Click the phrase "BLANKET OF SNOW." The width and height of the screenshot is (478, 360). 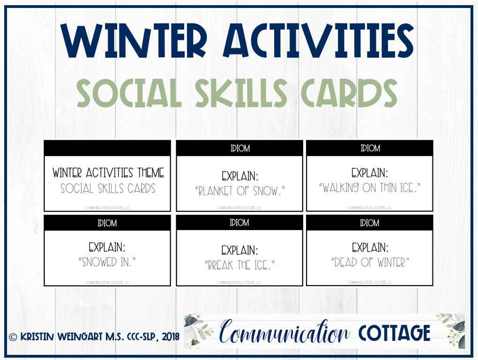click(239, 191)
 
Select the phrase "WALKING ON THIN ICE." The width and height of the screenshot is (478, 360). click(370, 188)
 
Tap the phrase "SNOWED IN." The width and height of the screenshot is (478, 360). click(107, 262)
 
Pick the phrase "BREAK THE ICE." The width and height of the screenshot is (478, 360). click(239, 265)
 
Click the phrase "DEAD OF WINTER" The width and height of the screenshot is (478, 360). click(370, 262)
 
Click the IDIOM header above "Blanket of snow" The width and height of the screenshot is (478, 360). click(239, 148)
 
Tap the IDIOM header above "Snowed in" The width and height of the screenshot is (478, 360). click(107, 223)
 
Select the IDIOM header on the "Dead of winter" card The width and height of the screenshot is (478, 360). click(370, 223)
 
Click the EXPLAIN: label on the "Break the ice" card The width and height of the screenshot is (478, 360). click(239, 250)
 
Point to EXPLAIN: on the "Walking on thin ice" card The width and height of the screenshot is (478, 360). click(370, 172)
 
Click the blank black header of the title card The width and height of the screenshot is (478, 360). click(107, 148)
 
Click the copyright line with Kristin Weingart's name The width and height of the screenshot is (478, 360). click(94, 337)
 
